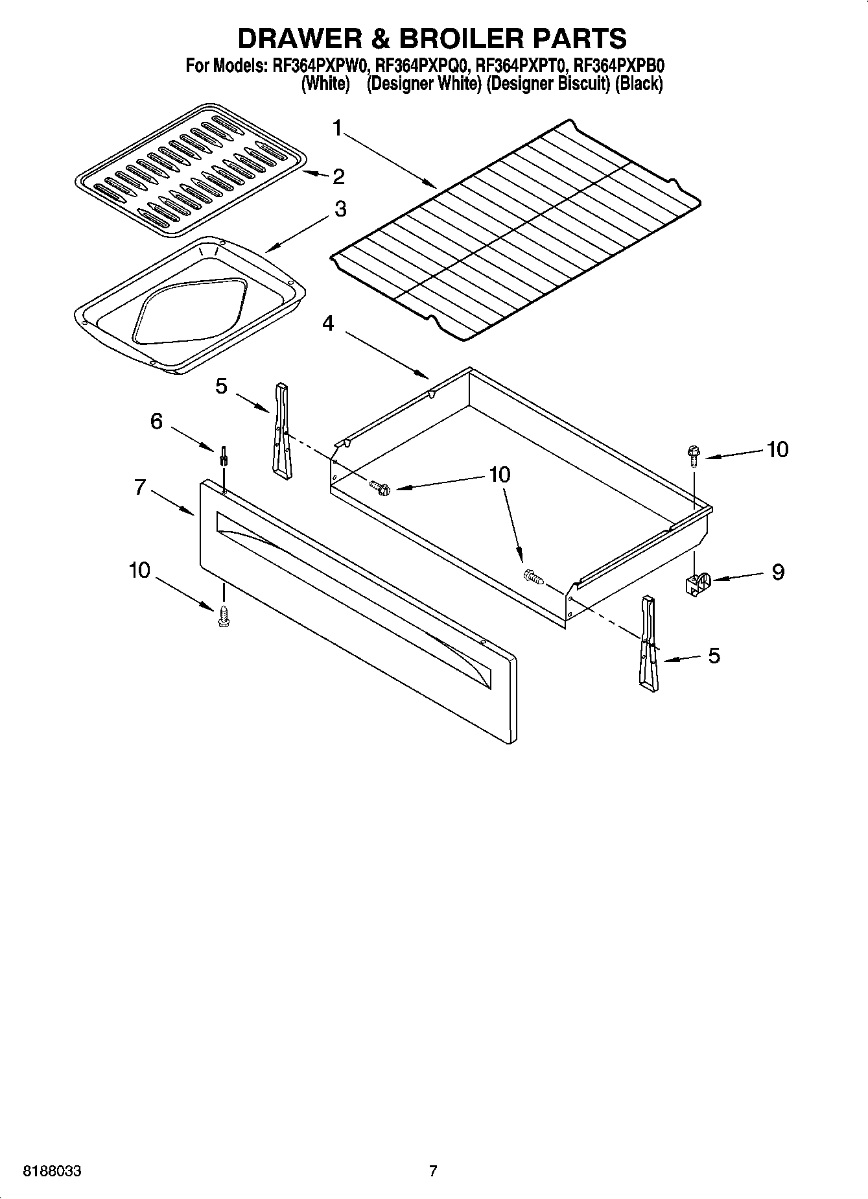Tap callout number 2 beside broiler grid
(338, 176)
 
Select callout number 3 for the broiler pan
(340, 209)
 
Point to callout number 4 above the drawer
(329, 323)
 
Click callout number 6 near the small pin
(156, 421)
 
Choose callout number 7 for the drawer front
(140, 486)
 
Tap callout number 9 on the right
(778, 572)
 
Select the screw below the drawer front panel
(224, 616)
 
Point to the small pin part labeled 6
(224, 456)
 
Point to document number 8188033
(52, 1171)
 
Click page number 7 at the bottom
(433, 1171)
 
